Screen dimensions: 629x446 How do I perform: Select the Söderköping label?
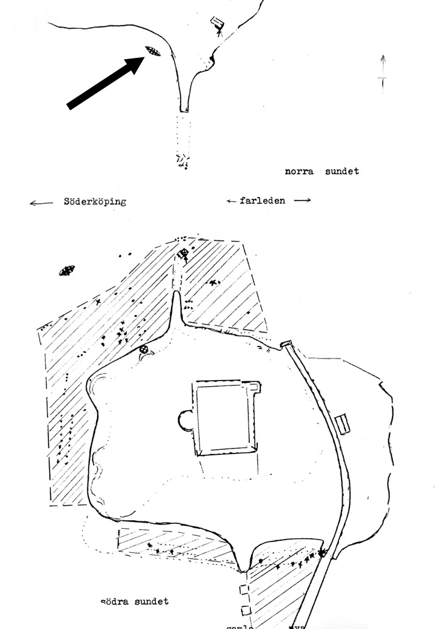tap(94, 202)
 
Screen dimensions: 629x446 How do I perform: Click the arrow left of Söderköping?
tap(41, 203)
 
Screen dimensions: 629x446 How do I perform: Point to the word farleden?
tap(262, 201)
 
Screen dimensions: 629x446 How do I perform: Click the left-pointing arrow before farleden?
tap(231, 201)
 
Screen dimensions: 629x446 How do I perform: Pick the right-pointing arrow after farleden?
tap(302, 201)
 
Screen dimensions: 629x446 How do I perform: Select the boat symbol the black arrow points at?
tap(152, 51)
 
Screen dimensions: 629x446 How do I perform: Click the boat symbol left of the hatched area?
tap(67, 270)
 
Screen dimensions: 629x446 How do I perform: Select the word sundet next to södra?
tap(153, 601)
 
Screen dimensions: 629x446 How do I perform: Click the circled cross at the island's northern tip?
tap(183, 254)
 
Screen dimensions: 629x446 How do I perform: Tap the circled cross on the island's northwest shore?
tap(144, 350)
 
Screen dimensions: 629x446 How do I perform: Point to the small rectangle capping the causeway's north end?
tap(286, 343)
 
